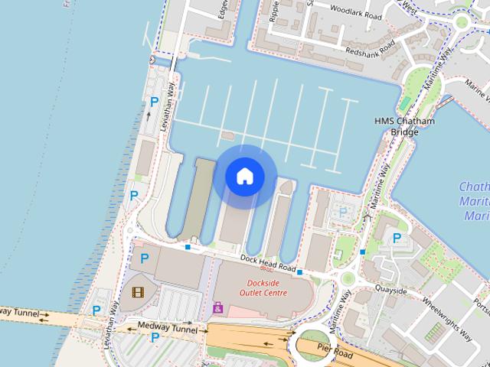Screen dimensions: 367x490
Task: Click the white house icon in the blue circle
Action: click(x=244, y=176)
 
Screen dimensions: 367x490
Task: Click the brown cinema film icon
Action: click(x=137, y=291)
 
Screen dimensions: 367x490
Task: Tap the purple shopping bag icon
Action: click(x=218, y=308)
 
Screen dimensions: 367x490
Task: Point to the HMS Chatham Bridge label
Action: click(x=405, y=126)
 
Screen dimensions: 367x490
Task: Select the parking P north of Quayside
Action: click(x=397, y=239)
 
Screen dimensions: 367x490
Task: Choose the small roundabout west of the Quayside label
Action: click(x=348, y=279)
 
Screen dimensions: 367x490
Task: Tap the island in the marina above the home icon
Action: click(x=227, y=135)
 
